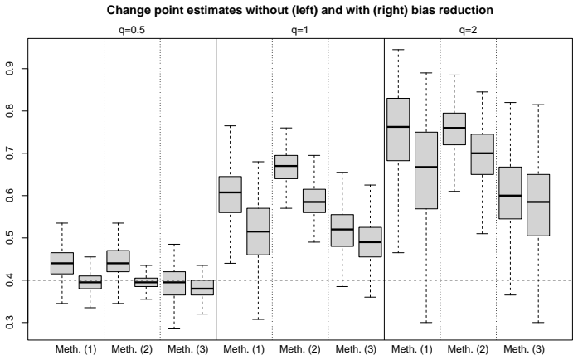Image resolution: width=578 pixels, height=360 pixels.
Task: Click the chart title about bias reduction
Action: point(299,10)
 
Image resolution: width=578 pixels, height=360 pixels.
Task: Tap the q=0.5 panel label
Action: point(132,30)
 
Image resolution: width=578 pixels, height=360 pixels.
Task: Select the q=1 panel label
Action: point(299,30)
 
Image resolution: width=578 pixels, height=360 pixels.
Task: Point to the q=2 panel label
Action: point(469,30)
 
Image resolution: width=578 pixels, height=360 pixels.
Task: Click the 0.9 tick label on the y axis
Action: point(10,69)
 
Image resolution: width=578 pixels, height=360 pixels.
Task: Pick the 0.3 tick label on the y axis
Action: point(10,323)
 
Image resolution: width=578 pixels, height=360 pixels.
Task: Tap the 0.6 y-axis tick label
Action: point(10,196)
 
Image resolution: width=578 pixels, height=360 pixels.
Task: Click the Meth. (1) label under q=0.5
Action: point(75,349)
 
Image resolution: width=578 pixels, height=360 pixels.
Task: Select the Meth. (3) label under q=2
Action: point(524,349)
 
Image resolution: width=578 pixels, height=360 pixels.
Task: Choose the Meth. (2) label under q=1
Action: point(299,349)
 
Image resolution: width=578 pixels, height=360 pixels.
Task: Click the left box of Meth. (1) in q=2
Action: point(398,129)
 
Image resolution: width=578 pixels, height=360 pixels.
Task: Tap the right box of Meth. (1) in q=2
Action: point(426,170)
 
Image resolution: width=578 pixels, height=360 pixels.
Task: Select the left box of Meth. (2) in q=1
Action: point(286,167)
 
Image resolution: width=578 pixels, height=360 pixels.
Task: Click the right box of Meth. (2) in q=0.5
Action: point(146,282)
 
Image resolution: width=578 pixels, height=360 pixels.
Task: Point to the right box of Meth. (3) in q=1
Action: point(370,241)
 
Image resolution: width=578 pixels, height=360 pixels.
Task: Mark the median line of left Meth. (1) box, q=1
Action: point(230,192)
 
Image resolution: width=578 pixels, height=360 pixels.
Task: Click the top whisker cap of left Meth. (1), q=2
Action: point(398,50)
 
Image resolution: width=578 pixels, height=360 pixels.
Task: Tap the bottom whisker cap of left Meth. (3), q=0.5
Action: point(174,328)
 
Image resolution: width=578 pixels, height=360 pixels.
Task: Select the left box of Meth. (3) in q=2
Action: point(510,193)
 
